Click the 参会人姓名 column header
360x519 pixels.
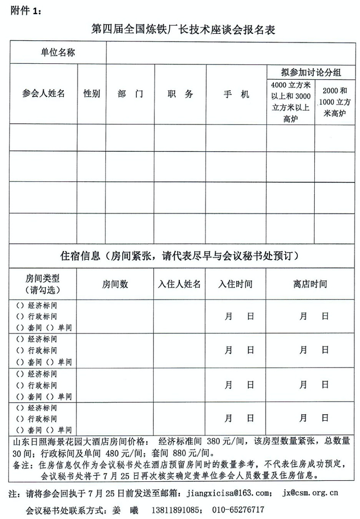44,93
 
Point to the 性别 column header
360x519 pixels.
92,93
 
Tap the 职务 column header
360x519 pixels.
180,93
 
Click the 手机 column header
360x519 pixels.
236,93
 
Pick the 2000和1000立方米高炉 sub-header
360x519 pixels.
334,102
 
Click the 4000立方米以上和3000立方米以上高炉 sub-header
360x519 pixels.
290,102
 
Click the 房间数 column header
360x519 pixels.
115,284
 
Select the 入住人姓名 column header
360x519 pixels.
179,284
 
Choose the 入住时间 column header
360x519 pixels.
236,284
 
